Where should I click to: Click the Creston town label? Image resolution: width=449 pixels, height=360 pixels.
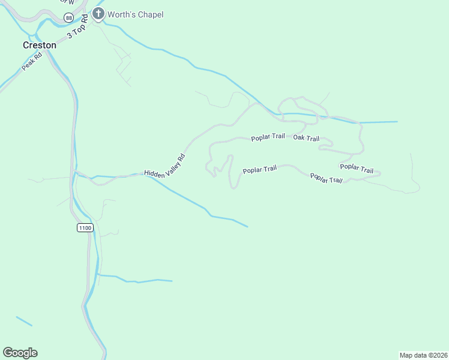click(39, 45)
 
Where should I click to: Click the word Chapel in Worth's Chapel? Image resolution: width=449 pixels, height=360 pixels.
click(149, 14)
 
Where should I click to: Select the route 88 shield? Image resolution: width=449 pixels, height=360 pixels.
click(68, 19)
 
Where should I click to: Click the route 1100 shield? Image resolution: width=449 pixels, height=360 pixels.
click(85, 228)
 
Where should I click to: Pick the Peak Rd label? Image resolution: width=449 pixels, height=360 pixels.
click(31, 62)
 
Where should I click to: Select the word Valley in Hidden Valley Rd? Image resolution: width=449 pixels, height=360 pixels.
click(170, 167)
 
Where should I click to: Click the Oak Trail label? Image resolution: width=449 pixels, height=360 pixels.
click(306, 138)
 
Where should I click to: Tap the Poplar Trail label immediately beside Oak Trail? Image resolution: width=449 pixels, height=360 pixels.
click(268, 137)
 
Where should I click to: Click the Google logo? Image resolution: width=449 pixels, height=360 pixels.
click(20, 353)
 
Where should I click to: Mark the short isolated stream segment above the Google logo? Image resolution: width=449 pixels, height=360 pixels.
click(24, 321)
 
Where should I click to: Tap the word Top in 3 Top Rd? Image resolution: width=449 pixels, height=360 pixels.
click(77, 28)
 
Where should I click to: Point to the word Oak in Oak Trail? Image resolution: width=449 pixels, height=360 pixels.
click(298, 138)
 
